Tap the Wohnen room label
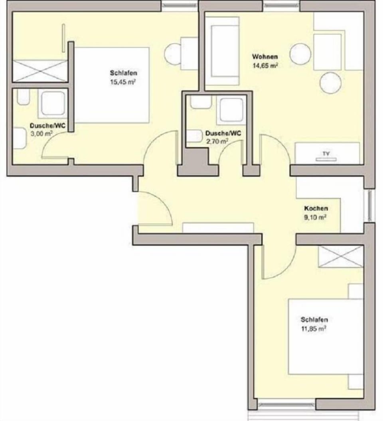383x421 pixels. (x=265, y=57)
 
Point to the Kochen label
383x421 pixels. (x=316, y=208)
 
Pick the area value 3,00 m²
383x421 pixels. (x=42, y=134)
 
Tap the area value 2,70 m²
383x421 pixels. (x=217, y=141)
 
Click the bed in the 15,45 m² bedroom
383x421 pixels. (x=112, y=85)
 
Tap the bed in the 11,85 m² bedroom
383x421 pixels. (x=326, y=337)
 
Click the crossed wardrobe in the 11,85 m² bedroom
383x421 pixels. (x=340, y=257)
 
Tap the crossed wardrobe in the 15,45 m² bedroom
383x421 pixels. (x=39, y=71)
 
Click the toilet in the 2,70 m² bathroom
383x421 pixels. (x=195, y=136)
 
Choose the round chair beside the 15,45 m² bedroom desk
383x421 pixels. (x=173, y=52)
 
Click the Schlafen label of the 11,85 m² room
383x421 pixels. (x=314, y=320)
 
